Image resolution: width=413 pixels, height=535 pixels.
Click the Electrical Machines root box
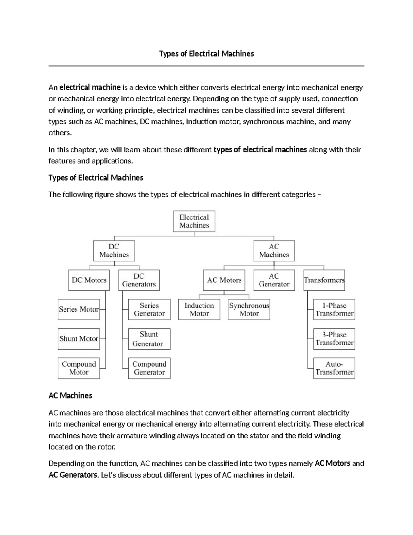pyautogui.click(x=194, y=221)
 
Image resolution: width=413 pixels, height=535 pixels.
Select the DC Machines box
pyautogui.click(x=114, y=251)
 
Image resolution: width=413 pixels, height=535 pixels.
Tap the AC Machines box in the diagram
pyautogui.click(x=274, y=251)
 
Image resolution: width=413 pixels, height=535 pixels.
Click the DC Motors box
pyautogui.click(x=89, y=280)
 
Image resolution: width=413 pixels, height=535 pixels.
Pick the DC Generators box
pyautogui.click(x=139, y=280)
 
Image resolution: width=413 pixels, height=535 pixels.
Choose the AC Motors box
pyautogui.click(x=224, y=280)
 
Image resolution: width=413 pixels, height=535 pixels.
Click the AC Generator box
pyautogui.click(x=274, y=280)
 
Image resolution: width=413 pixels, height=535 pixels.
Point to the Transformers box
pyautogui.click(x=324, y=280)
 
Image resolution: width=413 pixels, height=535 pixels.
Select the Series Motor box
pyautogui.click(x=79, y=309)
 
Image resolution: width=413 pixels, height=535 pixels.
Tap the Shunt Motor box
pyautogui.click(x=79, y=339)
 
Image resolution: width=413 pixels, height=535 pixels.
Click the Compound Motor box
pyautogui.click(x=79, y=368)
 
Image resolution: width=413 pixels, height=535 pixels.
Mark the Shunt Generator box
pyautogui.click(x=149, y=339)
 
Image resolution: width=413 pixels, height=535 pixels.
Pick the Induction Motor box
pyautogui.click(x=199, y=309)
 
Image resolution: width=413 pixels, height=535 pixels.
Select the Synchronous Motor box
pyautogui.click(x=249, y=309)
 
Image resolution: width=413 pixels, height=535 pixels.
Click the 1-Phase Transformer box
pyautogui.click(x=334, y=309)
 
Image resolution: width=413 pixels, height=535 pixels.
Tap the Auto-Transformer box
pyautogui.click(x=334, y=368)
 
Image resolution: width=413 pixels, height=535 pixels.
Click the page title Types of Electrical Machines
pyautogui.click(x=206, y=54)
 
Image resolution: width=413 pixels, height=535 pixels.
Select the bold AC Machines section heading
pyautogui.click(x=70, y=395)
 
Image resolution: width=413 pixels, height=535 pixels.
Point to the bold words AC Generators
pyautogui.click(x=73, y=475)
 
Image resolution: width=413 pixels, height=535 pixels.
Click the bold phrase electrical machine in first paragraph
pyautogui.click(x=90, y=88)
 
